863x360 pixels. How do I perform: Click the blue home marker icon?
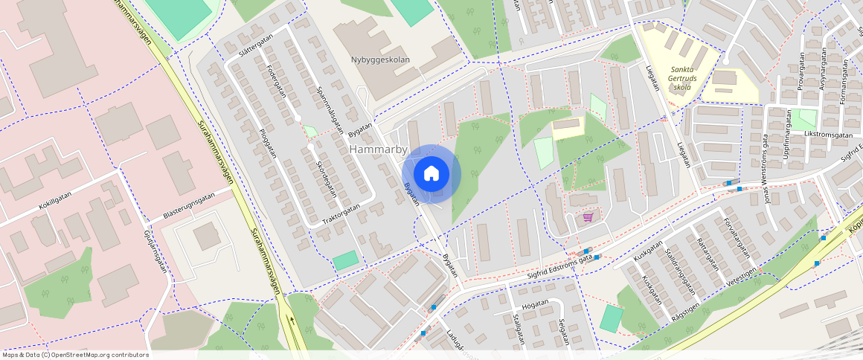(x=431, y=174)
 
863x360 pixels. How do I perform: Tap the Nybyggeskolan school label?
(x=381, y=60)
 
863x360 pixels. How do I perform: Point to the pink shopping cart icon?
(x=588, y=217)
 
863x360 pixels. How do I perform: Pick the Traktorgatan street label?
(x=341, y=215)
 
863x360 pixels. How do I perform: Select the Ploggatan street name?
(x=266, y=141)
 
